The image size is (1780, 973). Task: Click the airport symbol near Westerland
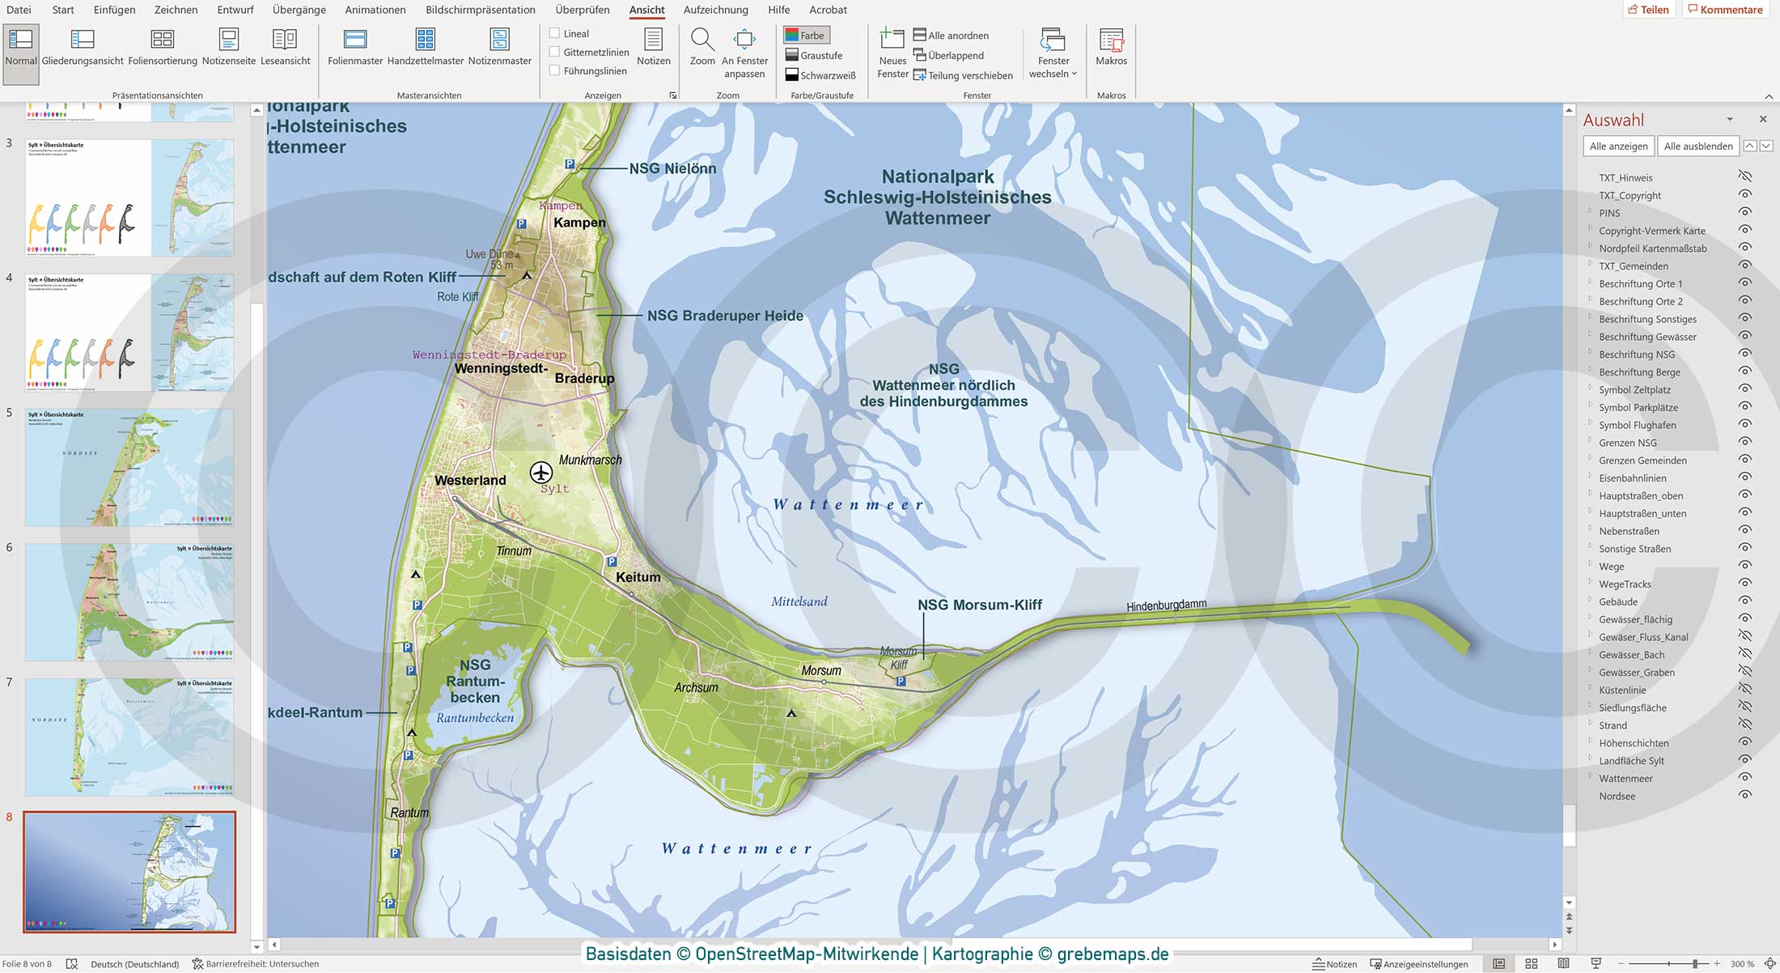click(540, 471)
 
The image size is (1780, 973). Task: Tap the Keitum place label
click(638, 577)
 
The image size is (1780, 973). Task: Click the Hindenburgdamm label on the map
click(1166, 605)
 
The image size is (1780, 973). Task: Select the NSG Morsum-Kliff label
click(979, 605)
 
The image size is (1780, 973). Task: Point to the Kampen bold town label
click(579, 223)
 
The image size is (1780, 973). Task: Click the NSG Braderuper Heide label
click(725, 316)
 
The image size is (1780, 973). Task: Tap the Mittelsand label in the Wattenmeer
click(799, 601)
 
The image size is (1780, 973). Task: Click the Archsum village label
click(696, 687)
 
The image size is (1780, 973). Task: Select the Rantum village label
click(409, 812)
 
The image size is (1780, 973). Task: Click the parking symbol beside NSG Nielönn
click(570, 164)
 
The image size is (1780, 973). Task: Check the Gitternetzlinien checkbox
click(555, 52)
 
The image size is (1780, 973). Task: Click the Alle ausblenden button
click(1697, 146)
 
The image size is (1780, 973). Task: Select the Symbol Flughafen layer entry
click(1637, 425)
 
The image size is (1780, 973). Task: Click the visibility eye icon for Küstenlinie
click(1745, 689)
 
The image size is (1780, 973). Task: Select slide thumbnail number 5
click(129, 467)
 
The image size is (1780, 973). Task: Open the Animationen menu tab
click(375, 10)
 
